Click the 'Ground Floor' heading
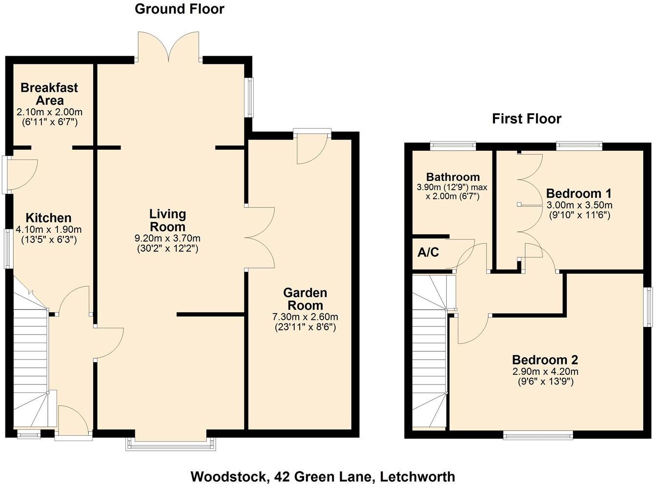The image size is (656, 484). tap(179, 9)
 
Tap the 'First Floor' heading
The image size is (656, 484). tap(526, 119)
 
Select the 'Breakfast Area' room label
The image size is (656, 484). tap(49, 94)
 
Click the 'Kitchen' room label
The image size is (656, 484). tap(48, 218)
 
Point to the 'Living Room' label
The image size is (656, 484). tap(167, 220)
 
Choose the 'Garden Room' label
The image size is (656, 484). tap(305, 299)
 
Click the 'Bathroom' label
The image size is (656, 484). tap(452, 177)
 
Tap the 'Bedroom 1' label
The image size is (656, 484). tap(578, 193)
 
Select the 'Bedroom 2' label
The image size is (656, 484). tap(545, 360)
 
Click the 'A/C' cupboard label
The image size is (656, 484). tap(428, 253)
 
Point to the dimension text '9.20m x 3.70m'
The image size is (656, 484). tap(167, 239)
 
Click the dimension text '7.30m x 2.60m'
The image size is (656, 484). tap(305, 317)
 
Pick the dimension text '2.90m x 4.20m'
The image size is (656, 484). tap(545, 371)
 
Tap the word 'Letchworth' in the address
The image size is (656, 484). tap(417, 476)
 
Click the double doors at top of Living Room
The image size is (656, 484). tap(168, 47)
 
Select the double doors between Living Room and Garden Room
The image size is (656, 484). tap(260, 238)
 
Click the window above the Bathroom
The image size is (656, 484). tap(452, 144)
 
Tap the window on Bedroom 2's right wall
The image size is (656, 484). tap(649, 307)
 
